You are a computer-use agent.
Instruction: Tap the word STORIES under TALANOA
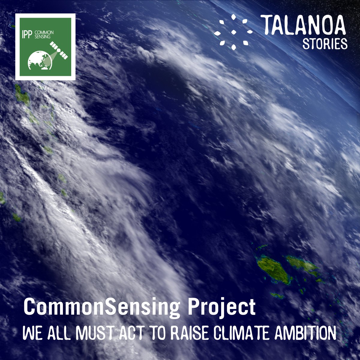[x=325, y=44]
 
